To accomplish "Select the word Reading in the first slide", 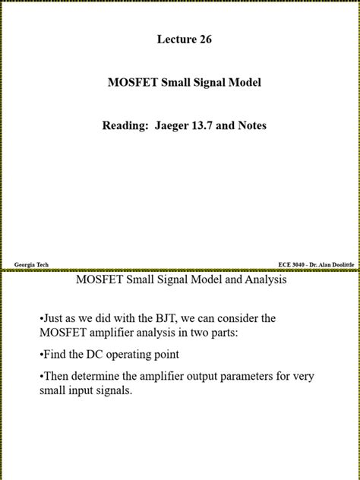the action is [126, 125].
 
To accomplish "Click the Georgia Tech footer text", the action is [31, 264].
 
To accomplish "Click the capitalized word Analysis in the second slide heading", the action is [263, 279].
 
